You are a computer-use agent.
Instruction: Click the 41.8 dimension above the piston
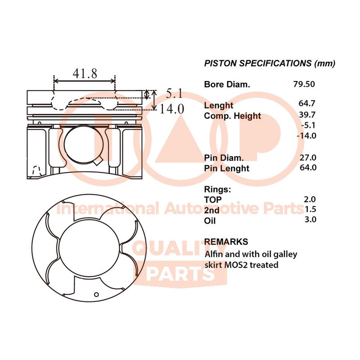85,73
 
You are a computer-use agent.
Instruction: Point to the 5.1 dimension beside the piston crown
174,94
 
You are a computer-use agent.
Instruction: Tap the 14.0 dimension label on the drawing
172,109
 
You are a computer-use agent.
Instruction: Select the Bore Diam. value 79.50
304,84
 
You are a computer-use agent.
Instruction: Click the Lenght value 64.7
307,103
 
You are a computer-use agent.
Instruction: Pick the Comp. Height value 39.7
307,115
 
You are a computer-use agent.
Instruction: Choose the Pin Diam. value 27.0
308,157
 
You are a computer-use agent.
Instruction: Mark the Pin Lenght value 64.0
308,167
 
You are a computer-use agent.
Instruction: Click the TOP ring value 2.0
310,199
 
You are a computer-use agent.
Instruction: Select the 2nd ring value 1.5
310,209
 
